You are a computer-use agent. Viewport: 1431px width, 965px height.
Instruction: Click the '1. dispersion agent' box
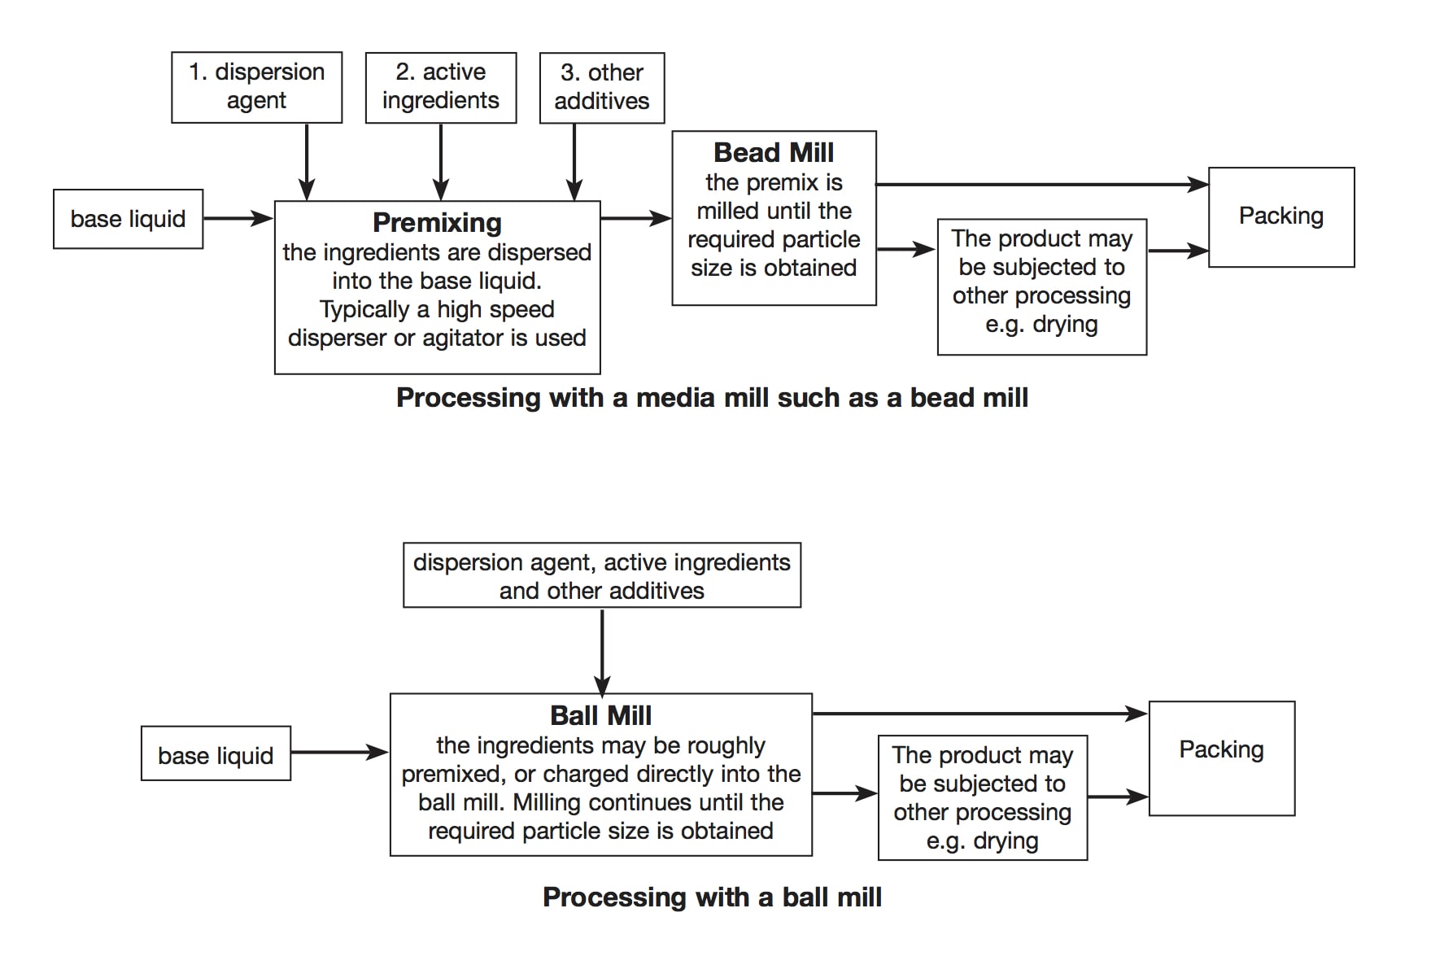click(x=256, y=87)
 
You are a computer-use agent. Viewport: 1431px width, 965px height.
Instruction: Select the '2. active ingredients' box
click(x=441, y=88)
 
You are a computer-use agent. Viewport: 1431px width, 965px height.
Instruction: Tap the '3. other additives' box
click(x=602, y=88)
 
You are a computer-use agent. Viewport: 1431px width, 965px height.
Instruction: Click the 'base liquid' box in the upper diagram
click(x=128, y=219)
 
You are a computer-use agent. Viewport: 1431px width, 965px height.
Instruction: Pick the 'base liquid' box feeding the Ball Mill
click(x=216, y=753)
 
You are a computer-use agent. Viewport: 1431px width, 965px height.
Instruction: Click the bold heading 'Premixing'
click(x=437, y=222)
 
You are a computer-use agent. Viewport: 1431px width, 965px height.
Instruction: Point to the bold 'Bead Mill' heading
click(x=774, y=152)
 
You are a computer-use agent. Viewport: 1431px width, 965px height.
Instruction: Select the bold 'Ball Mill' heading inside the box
click(x=600, y=715)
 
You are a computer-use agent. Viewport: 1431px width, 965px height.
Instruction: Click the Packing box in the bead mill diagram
click(x=1281, y=217)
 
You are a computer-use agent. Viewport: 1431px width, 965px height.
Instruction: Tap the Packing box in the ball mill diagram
click(x=1221, y=758)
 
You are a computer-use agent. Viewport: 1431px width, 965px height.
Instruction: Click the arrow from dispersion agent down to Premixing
click(x=307, y=162)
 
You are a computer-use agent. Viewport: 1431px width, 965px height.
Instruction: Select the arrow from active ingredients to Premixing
click(x=441, y=162)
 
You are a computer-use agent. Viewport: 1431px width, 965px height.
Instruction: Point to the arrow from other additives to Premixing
click(x=574, y=162)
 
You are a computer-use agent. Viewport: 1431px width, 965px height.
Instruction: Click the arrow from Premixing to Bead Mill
click(x=636, y=218)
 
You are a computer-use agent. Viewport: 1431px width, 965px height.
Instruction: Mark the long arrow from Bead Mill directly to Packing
click(x=1043, y=185)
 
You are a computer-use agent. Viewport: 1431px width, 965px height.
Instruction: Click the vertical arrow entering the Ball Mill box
click(x=602, y=651)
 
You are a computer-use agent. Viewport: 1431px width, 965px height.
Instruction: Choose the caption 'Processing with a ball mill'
click(x=712, y=897)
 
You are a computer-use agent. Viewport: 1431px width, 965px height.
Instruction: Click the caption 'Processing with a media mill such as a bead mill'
click(x=712, y=397)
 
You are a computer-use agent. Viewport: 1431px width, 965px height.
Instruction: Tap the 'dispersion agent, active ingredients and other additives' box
click(x=602, y=575)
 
